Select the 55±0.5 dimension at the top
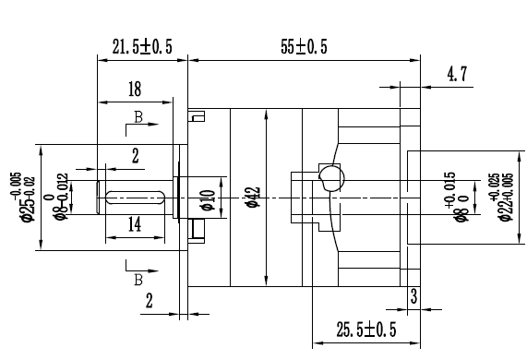click(x=305, y=45)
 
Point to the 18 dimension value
click(x=135, y=90)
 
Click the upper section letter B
click(x=138, y=119)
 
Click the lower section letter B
click(x=138, y=278)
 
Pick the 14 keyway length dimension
click(x=135, y=223)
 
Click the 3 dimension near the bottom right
click(x=414, y=297)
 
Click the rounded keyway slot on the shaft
click(x=135, y=196)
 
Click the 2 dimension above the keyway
click(x=135, y=156)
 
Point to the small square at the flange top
click(x=195, y=117)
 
